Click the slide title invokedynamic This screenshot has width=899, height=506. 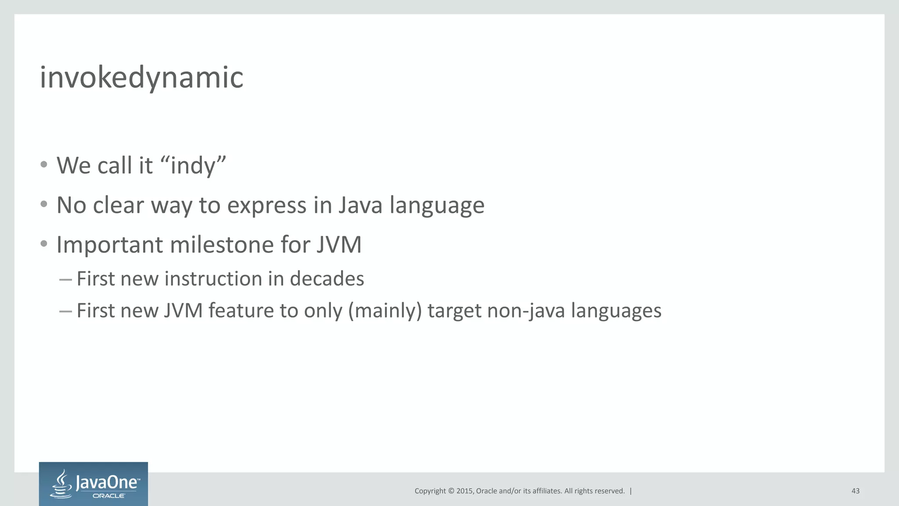click(x=141, y=77)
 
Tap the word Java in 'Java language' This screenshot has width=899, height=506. click(x=360, y=205)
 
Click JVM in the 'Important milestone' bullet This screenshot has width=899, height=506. click(x=338, y=245)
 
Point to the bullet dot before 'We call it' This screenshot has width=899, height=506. click(x=43, y=165)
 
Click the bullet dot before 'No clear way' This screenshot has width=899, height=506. click(x=43, y=204)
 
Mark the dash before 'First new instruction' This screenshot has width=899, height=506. click(x=65, y=279)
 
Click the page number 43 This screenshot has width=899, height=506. click(x=855, y=491)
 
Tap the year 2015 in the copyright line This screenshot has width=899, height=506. click(x=464, y=491)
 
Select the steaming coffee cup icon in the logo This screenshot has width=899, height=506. click(x=62, y=484)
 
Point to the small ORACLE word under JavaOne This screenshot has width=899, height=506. click(x=108, y=496)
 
